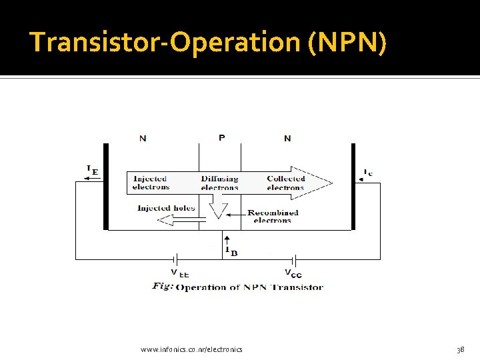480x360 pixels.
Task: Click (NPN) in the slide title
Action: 347,43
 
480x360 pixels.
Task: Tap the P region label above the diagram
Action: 221,138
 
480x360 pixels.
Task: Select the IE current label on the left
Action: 92,170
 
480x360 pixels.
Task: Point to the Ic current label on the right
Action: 367,173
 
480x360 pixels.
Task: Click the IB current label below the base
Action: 231,251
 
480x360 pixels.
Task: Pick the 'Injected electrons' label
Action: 151,183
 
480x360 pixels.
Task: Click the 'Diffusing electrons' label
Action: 219,183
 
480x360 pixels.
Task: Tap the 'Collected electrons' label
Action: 285,183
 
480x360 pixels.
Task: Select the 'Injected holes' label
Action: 166,208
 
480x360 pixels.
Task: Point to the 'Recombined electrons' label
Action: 273,217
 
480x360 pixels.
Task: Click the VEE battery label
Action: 179,273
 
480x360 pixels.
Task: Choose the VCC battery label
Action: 293,273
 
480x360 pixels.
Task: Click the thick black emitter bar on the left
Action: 105,187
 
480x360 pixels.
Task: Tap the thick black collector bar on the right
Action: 353,187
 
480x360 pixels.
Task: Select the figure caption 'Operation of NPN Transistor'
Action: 249,287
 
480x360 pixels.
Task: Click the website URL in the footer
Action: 192,349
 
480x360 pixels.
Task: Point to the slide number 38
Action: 460,349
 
